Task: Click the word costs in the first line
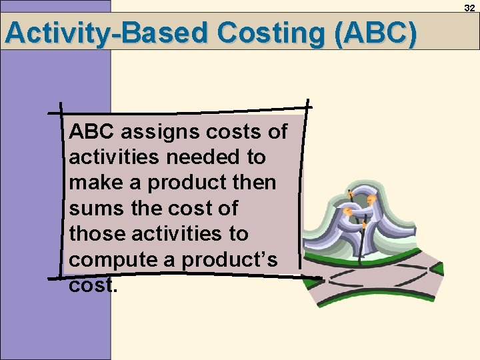[x=231, y=132]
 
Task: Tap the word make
[x=95, y=183]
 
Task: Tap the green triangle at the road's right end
[x=437, y=270]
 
